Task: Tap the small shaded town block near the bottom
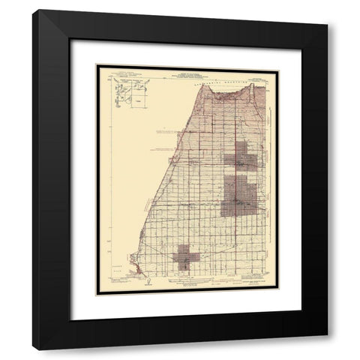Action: tap(185, 259)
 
